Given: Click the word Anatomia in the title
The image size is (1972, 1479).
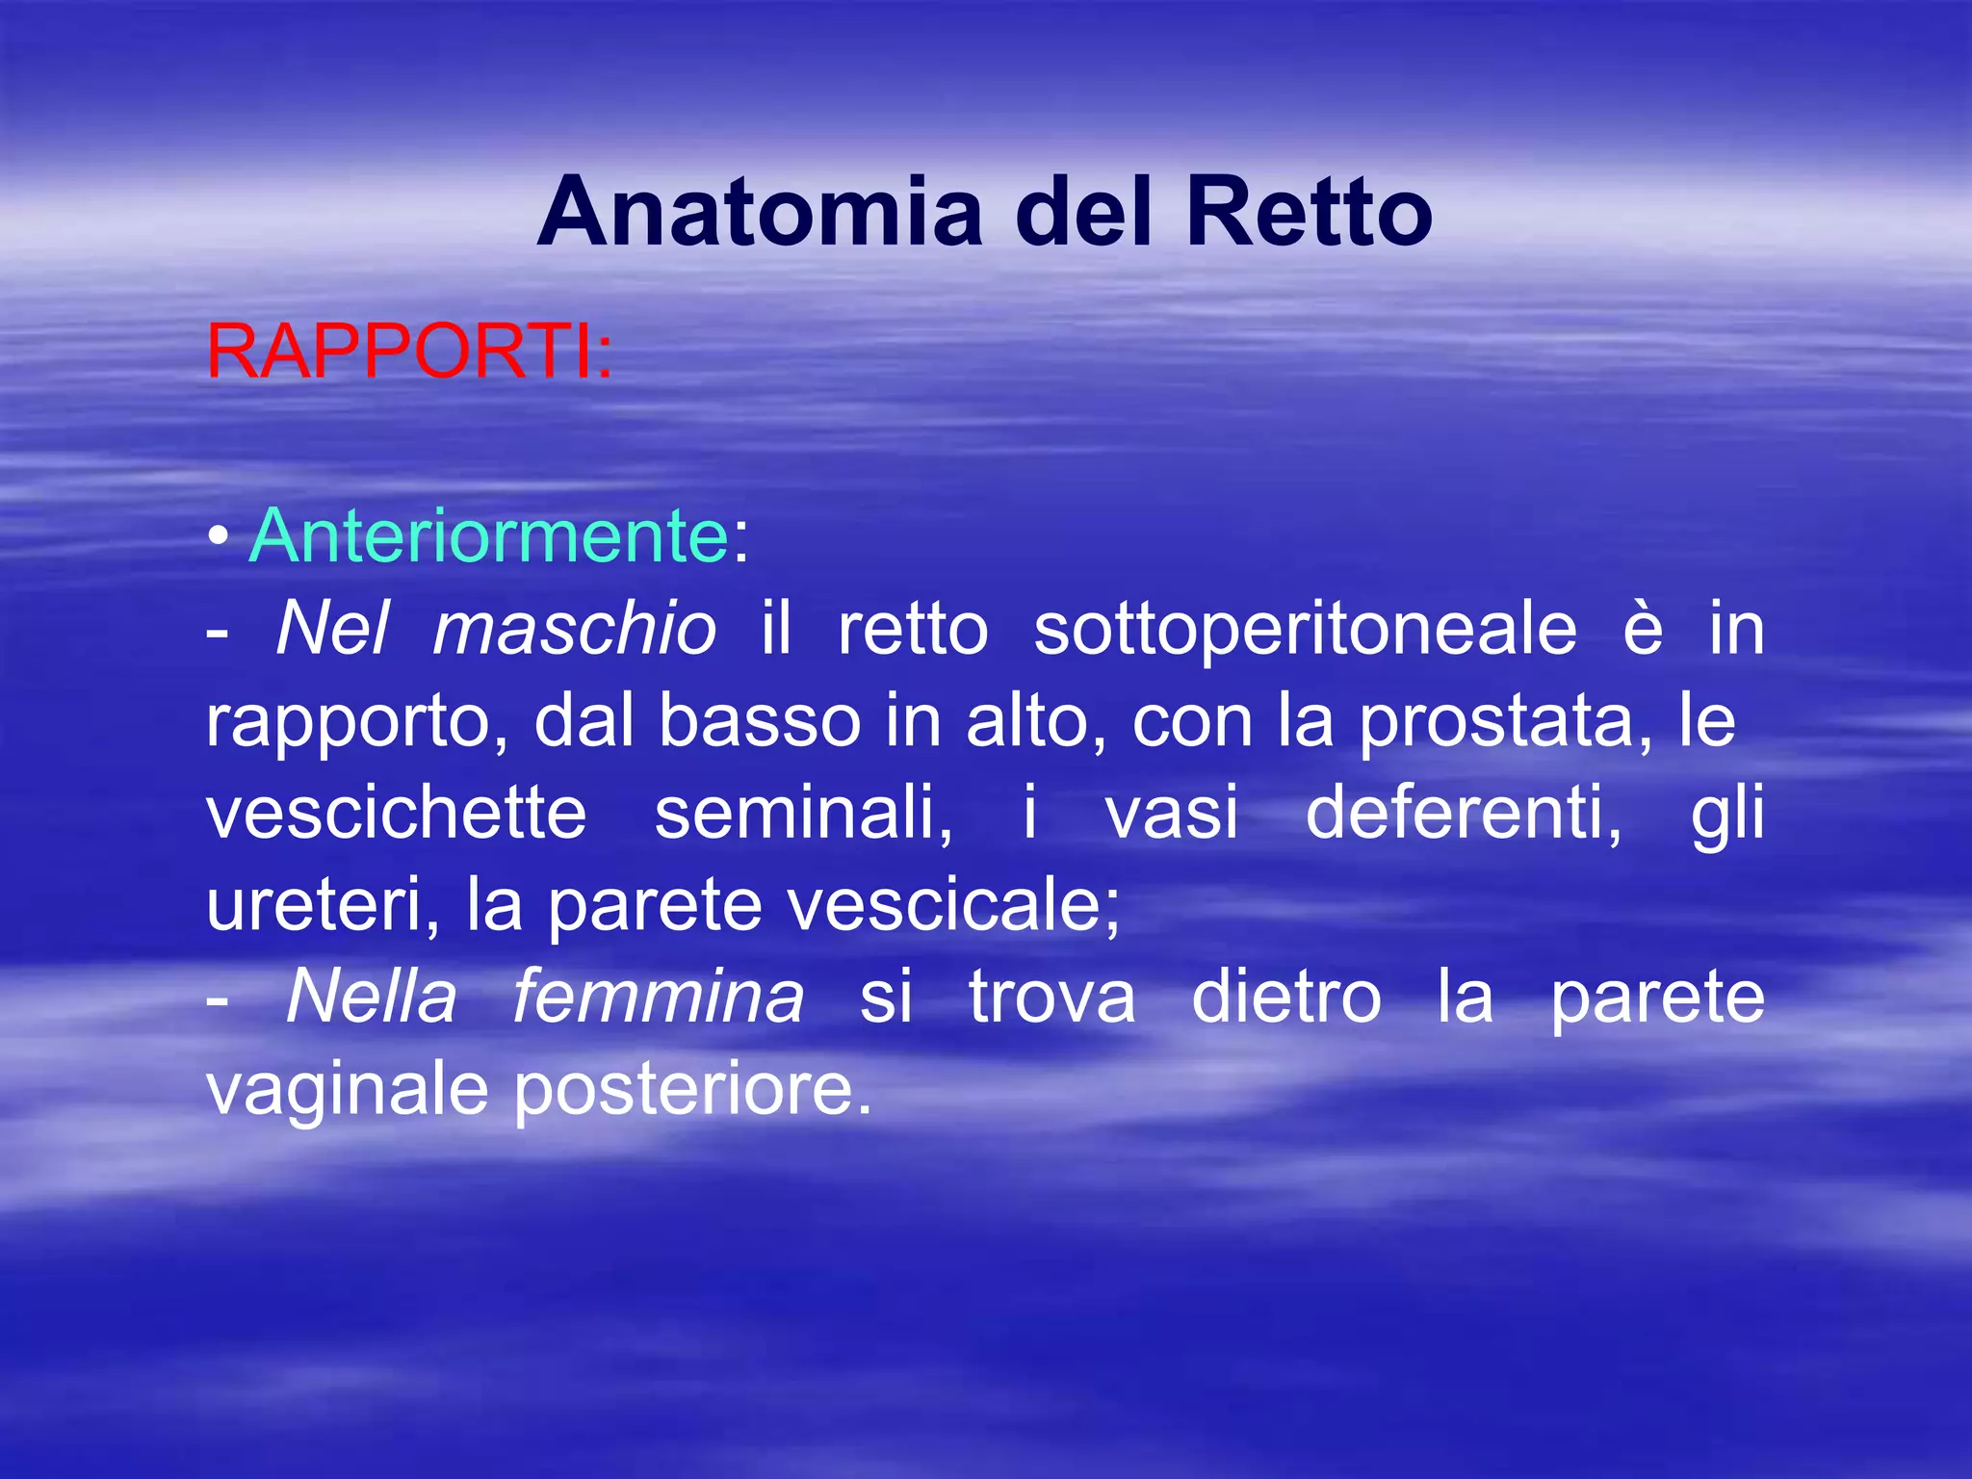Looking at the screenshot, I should coord(761,212).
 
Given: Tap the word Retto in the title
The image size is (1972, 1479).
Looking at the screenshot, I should coord(1310,212).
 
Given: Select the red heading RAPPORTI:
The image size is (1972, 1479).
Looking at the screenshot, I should coord(409,351).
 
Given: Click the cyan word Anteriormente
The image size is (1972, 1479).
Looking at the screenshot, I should coord(489,536).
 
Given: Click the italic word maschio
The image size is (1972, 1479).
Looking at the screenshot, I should coord(574,630).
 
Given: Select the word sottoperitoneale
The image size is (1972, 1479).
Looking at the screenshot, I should coord(1305,630).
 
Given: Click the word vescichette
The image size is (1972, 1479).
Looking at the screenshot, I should coord(397,813).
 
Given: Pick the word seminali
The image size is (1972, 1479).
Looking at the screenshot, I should coord(804,813).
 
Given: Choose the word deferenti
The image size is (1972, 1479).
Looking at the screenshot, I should coord(1464,813).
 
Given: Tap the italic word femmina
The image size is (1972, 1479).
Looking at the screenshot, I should coord(658,998).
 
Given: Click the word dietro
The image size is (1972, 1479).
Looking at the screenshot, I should coord(1286,998).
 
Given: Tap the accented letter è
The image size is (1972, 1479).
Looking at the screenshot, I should coord(1643,630).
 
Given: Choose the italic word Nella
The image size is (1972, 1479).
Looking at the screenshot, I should coord(371,998).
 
